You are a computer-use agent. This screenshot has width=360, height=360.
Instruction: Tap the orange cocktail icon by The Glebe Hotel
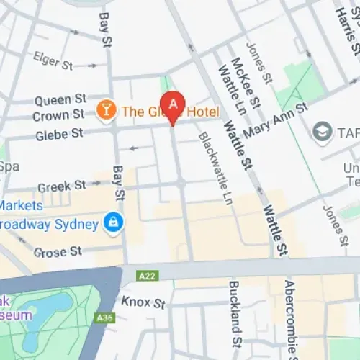tap(105, 110)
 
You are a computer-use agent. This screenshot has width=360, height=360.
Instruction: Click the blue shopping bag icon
tap(112, 222)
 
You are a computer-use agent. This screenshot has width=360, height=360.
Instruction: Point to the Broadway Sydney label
tap(49, 224)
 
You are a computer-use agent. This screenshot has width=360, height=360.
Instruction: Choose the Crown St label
tap(59, 115)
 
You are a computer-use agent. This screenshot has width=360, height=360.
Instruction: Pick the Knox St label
tap(138, 302)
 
